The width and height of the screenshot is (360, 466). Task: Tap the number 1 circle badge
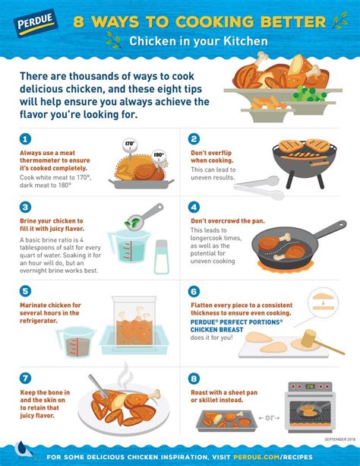click(26, 138)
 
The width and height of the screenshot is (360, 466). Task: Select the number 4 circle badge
click(195, 207)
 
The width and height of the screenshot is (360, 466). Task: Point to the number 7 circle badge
click(26, 377)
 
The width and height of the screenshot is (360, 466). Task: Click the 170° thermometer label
click(129, 142)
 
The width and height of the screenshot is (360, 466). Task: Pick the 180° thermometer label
click(159, 155)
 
